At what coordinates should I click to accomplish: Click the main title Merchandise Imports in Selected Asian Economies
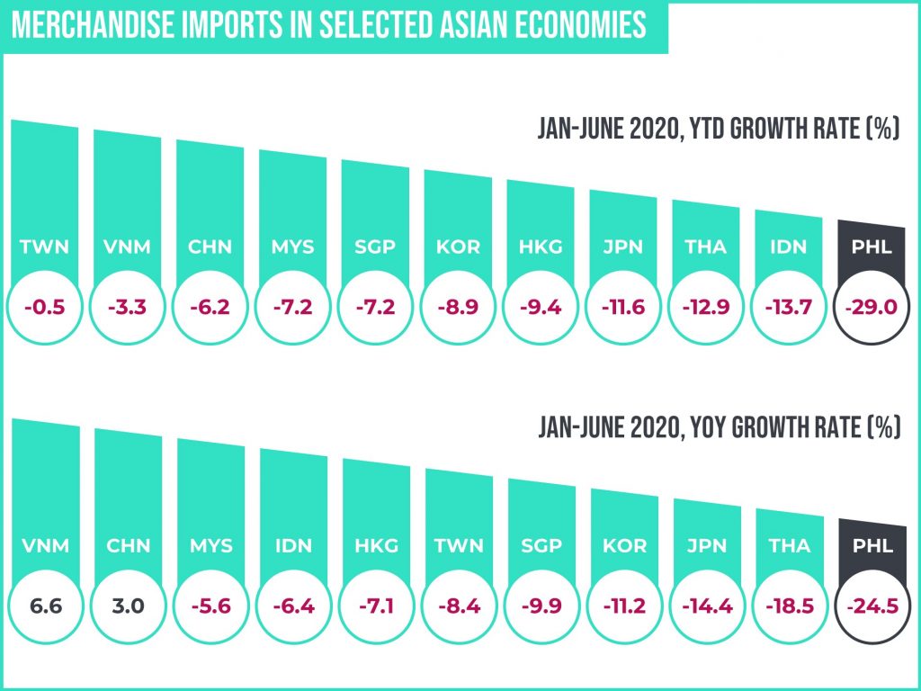tap(328, 24)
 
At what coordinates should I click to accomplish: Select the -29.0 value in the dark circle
tap(872, 307)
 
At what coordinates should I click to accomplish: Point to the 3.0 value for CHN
tap(127, 606)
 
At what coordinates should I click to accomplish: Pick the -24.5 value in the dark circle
tap(872, 606)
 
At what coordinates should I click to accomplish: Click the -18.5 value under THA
tap(789, 606)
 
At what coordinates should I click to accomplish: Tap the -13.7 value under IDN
tap(789, 307)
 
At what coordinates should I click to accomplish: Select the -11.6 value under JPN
tap(623, 307)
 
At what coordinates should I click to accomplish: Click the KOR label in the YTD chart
tap(458, 247)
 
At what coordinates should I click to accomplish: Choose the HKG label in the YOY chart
tap(375, 545)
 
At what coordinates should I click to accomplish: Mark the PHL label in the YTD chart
tap(872, 247)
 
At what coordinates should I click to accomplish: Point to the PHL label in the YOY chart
tap(872, 545)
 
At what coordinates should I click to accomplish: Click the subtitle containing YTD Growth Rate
tap(719, 130)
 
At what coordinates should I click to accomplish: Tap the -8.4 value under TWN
tap(458, 606)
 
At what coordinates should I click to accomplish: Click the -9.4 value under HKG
tap(541, 307)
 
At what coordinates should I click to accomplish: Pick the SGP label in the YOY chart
tap(541, 545)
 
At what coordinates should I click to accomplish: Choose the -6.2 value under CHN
tap(210, 307)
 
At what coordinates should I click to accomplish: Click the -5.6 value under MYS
tap(210, 606)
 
